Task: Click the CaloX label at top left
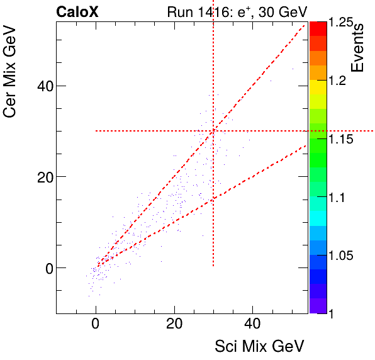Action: pyautogui.click(x=77, y=11)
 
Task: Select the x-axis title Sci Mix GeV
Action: pyautogui.click(x=260, y=346)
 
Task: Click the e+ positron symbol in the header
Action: pyautogui.click(x=253, y=11)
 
